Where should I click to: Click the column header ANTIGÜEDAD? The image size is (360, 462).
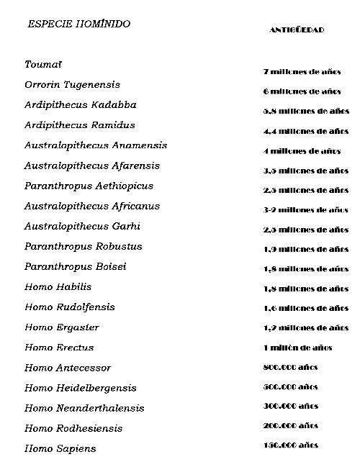(297, 30)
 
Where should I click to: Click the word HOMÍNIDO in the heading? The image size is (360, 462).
(104, 24)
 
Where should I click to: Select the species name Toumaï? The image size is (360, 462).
(43, 65)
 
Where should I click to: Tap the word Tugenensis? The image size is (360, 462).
(93, 85)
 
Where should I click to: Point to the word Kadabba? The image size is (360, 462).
(112, 105)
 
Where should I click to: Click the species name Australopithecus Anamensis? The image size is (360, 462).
(96, 145)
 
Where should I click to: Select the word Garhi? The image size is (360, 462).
(127, 226)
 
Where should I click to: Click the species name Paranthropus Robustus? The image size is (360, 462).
(84, 246)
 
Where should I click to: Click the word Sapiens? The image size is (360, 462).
(76, 448)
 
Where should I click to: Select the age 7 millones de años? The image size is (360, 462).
(302, 72)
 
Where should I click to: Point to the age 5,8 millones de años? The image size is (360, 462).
(306, 112)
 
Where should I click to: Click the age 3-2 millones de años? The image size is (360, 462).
(306, 210)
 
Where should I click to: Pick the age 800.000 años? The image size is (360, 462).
(291, 367)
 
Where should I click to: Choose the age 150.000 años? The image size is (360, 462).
(291, 445)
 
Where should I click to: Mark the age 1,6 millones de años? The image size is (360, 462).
(306, 308)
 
